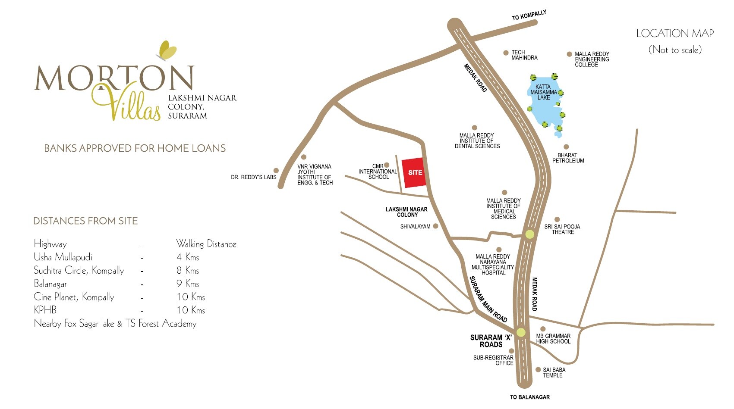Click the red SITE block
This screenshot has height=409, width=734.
415,173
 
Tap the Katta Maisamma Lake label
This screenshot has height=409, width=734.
543,92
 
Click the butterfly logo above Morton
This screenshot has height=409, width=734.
167,50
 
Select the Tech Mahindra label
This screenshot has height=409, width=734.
524,55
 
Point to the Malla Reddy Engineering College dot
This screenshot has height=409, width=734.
569,54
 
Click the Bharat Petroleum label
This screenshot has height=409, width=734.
568,158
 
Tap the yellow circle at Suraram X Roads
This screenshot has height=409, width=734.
521,332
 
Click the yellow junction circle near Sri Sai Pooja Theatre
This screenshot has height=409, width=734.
529,234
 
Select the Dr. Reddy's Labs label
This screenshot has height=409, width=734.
253,177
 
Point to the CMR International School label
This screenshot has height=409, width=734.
378,172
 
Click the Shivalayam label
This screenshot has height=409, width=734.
415,226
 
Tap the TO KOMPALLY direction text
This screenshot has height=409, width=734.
529,16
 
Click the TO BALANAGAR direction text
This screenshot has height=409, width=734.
530,397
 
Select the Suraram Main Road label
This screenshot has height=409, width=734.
488,299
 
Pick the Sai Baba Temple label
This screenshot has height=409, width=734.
554,372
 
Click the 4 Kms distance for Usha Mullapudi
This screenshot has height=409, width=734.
188,257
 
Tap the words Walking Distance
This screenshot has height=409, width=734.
206,244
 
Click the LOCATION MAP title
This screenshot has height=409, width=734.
675,34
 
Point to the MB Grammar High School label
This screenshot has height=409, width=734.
553,339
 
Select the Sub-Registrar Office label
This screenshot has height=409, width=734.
493,360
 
